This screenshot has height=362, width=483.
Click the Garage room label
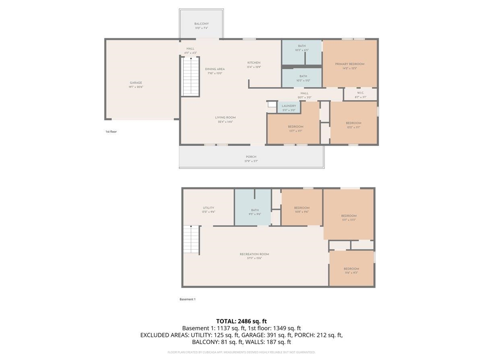136,83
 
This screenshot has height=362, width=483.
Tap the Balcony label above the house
201,24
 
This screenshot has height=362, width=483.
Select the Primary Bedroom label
349,64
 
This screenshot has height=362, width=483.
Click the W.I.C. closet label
360,93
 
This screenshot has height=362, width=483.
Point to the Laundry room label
289,106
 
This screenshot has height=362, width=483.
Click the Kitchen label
254,63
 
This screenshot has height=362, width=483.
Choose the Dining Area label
215,69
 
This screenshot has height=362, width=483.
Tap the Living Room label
225,117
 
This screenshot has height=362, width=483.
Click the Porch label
251,157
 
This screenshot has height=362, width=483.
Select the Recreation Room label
254,254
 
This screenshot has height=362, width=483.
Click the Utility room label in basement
208,208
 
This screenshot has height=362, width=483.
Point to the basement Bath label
255,210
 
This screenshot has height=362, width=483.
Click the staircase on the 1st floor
190,76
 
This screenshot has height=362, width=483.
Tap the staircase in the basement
192,240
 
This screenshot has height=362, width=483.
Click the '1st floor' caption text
111,132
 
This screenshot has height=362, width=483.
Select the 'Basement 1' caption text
187,299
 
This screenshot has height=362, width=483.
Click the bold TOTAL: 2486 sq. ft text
241,321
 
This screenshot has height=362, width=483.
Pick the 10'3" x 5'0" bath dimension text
303,80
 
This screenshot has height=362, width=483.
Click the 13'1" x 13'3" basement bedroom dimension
349,220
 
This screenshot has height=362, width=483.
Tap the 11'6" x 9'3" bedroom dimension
351,273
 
